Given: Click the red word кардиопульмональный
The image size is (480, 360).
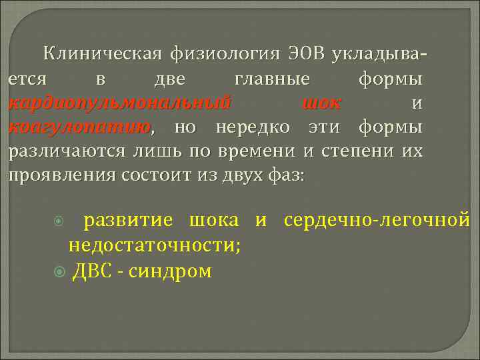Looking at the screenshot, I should point(120,104).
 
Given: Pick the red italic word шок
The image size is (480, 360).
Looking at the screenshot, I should point(322,104).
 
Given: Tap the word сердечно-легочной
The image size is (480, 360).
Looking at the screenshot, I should point(377,220).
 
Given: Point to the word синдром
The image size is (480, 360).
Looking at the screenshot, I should point(173,271).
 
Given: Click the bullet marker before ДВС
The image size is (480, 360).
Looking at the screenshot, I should point(59,271).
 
